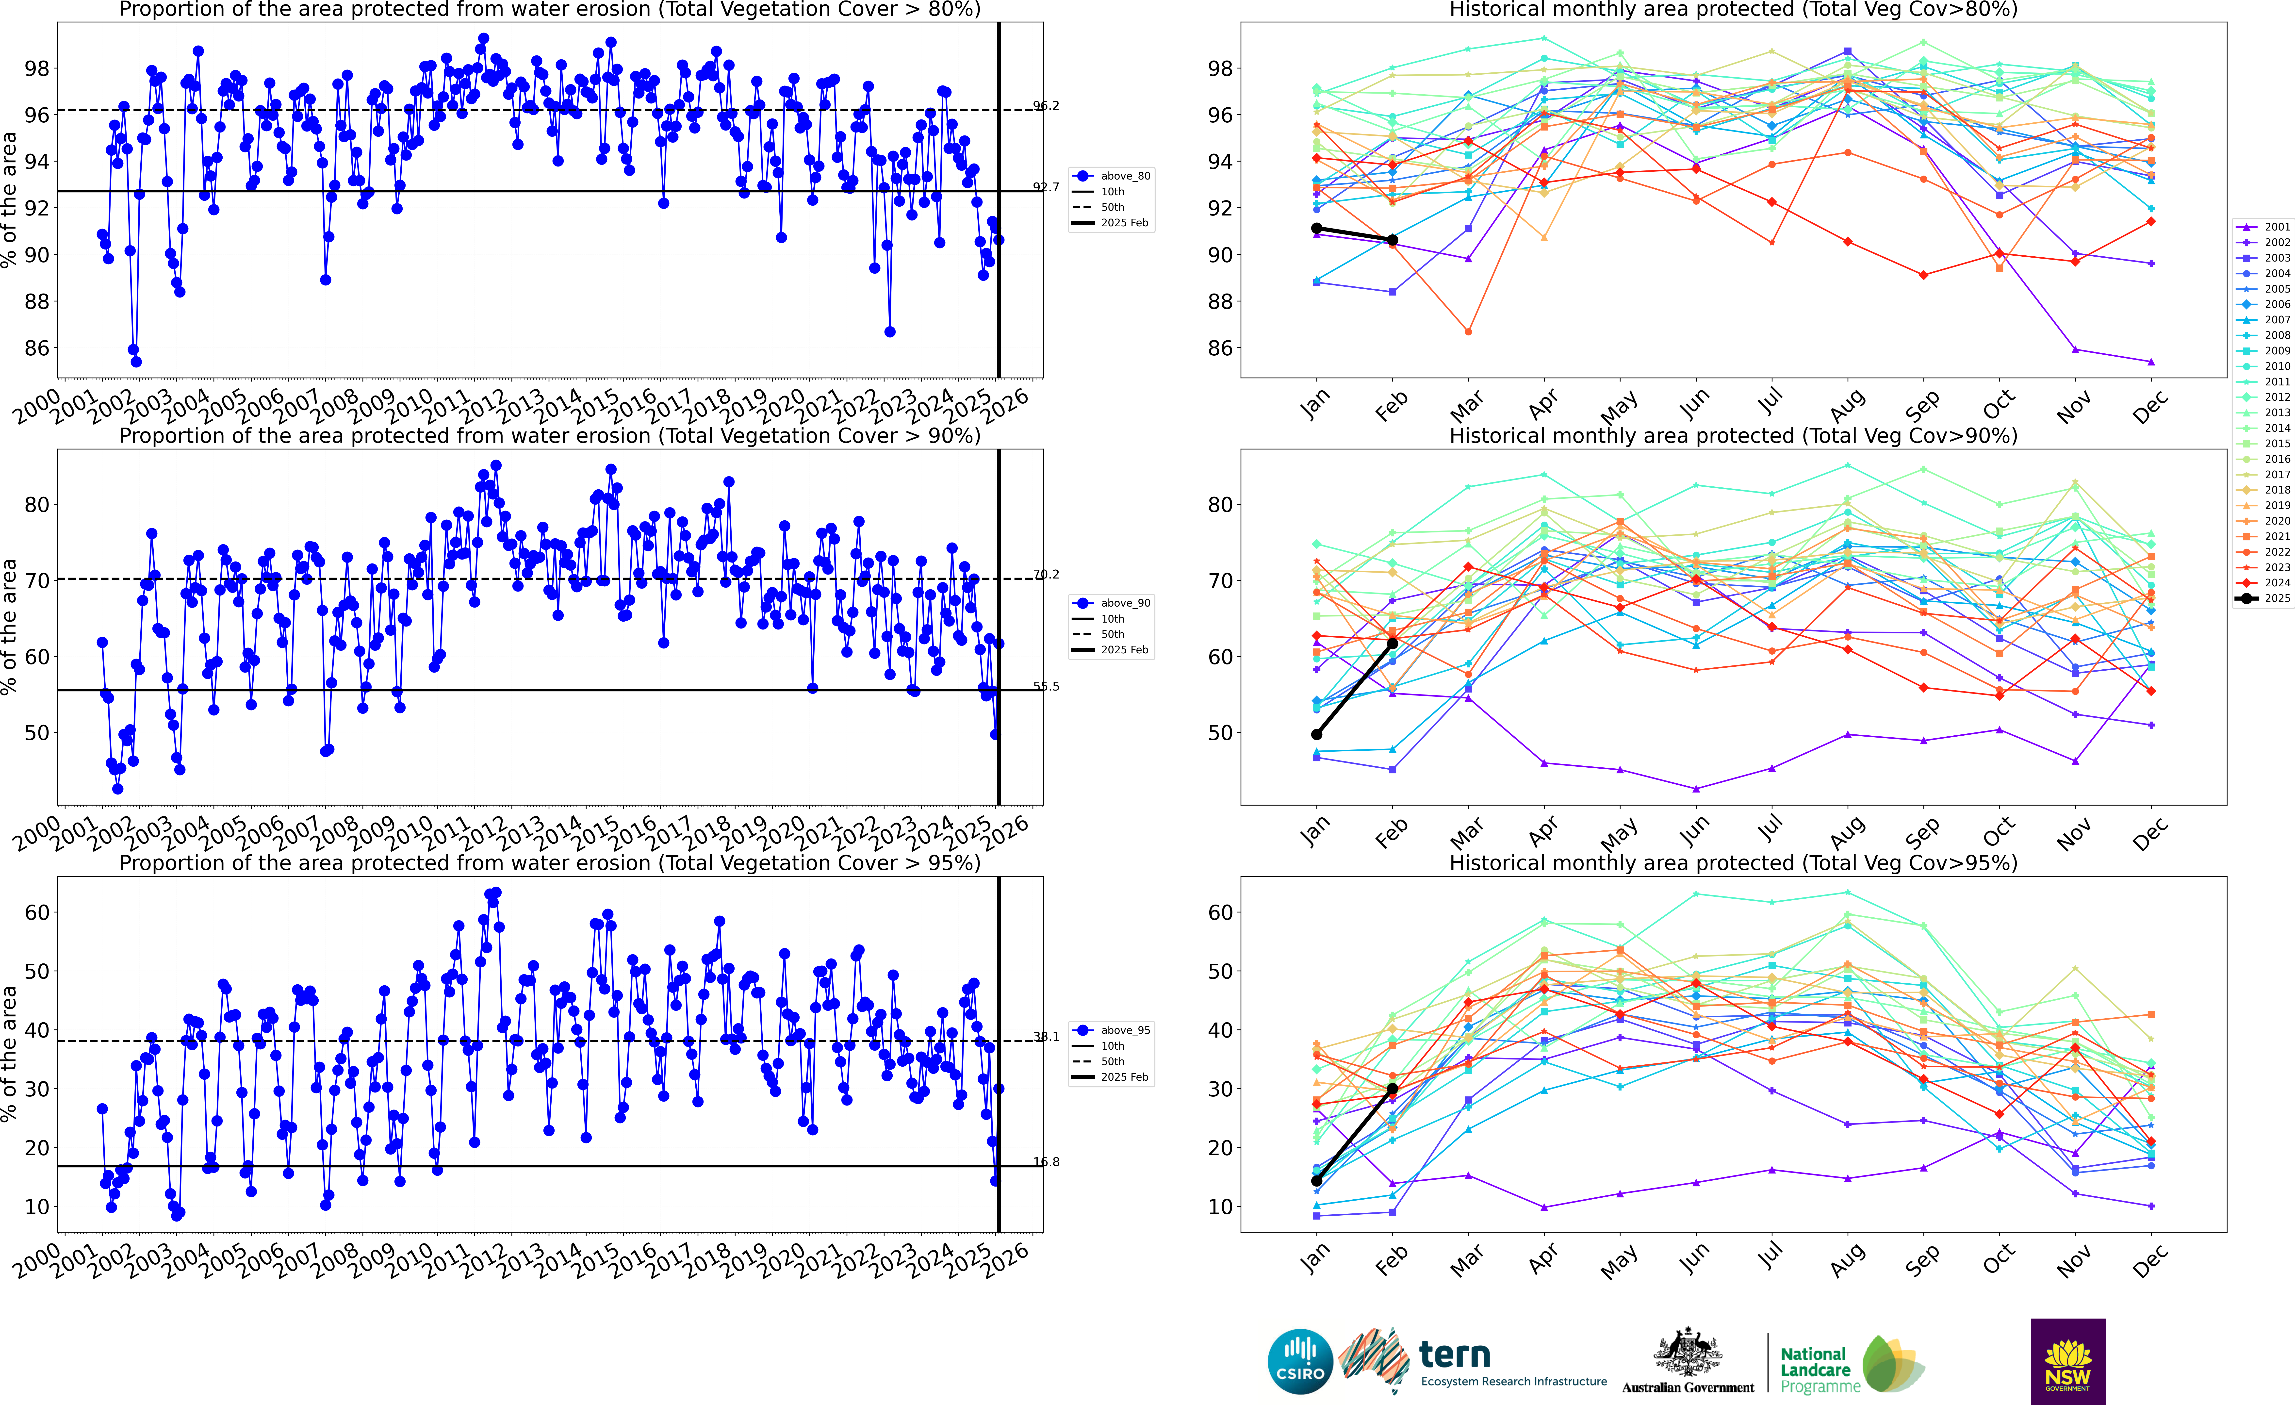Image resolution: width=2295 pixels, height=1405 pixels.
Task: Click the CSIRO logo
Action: click(x=1300, y=1361)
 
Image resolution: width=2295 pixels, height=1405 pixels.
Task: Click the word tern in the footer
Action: click(x=1455, y=1354)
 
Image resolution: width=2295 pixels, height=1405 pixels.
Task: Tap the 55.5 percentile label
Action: click(x=1046, y=687)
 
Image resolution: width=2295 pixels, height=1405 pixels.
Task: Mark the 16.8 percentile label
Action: click(x=1046, y=1162)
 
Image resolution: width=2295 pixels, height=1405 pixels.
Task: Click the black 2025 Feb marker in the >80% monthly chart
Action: click(x=1393, y=240)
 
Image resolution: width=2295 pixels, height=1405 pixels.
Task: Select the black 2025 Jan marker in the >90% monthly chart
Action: click(x=1316, y=734)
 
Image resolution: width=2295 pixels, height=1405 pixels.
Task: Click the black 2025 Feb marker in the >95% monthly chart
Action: click(x=1393, y=1088)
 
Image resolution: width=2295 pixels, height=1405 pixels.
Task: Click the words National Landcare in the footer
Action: click(x=1814, y=1362)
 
